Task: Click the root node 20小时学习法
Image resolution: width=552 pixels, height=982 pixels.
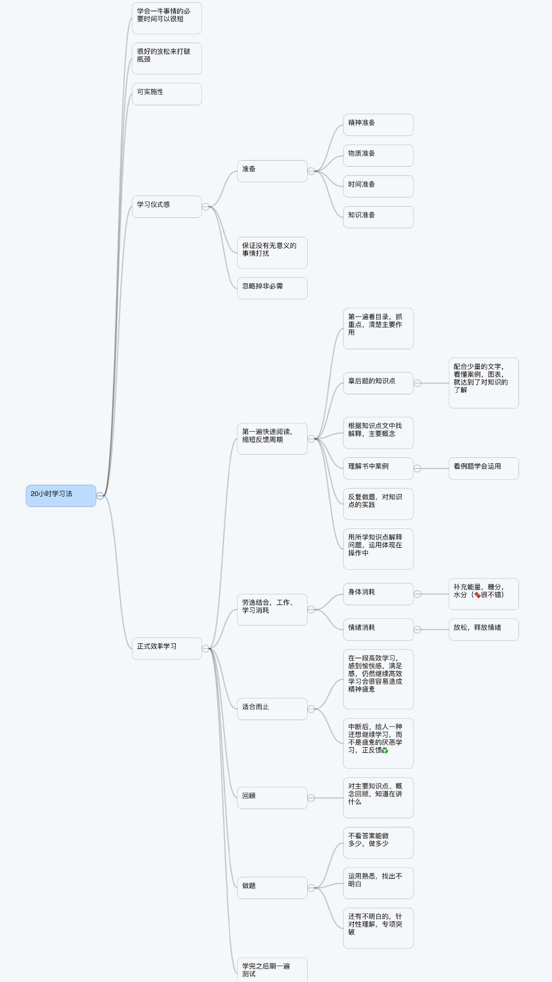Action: (61, 496)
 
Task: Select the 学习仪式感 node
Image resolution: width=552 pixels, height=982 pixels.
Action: (167, 207)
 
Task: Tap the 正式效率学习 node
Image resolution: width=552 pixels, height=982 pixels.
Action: (167, 648)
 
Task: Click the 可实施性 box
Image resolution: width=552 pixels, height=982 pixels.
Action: (167, 94)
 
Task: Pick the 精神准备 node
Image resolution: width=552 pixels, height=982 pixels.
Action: (378, 125)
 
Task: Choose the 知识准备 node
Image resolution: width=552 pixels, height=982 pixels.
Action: (378, 217)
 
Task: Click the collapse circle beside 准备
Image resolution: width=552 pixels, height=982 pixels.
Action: (311, 171)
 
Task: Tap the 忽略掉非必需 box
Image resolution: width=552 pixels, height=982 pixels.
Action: (272, 288)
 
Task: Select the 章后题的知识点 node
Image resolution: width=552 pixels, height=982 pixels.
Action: (378, 383)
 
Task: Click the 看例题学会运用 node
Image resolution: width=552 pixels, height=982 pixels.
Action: (484, 468)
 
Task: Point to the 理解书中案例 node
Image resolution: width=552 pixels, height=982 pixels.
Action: (378, 468)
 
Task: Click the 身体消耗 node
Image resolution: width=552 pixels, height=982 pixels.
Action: (378, 594)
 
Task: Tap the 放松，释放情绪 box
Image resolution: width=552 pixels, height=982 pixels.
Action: (484, 630)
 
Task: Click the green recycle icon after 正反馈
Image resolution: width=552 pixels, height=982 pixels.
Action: (385, 750)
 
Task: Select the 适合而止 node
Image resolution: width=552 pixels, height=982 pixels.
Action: (272, 709)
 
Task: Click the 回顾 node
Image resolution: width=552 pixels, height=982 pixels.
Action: (272, 797)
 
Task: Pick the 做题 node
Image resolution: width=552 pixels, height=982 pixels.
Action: (272, 887)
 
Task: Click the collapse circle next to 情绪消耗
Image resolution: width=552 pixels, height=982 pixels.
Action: (417, 630)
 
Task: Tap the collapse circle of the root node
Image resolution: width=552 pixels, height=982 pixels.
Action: (100, 496)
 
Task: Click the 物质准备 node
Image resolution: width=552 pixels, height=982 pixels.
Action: (378, 155)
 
